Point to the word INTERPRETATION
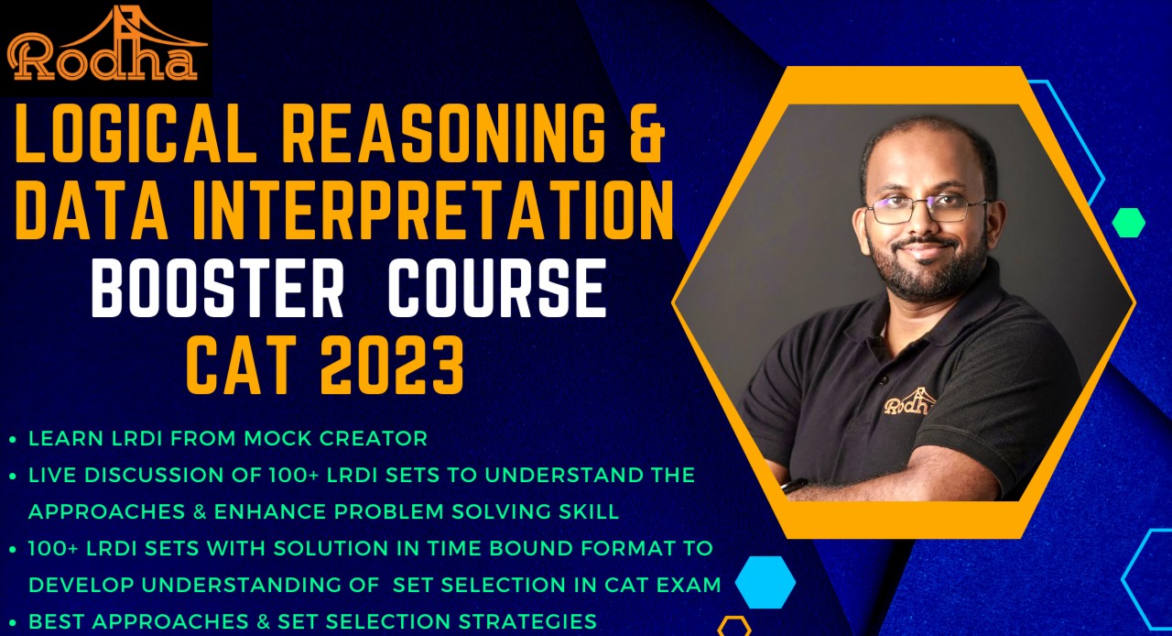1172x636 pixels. tap(439, 212)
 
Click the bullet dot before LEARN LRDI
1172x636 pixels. tap(12, 440)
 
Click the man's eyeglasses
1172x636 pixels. tap(925, 209)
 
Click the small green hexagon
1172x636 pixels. tap(1128, 223)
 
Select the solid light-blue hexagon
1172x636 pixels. tap(765, 582)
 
